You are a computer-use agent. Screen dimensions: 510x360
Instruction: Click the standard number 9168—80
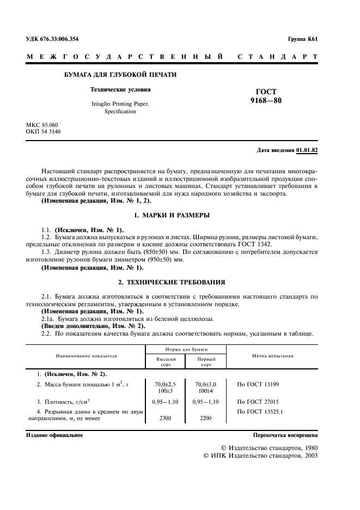(x=266, y=101)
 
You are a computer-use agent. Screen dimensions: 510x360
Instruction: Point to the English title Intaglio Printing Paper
(x=120, y=102)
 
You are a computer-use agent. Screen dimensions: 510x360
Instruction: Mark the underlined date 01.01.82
(x=307, y=150)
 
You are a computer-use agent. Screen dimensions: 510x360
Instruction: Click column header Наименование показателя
(x=86, y=356)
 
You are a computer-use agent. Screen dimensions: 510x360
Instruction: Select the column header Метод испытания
(x=272, y=356)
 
